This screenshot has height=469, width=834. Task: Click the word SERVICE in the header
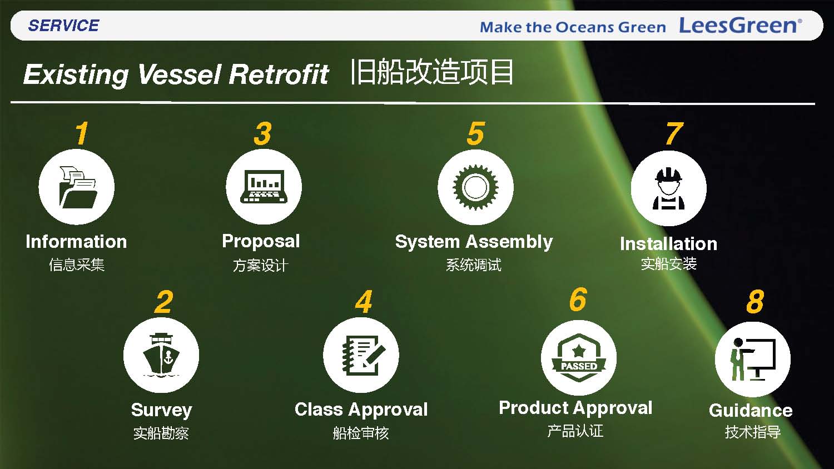click(64, 26)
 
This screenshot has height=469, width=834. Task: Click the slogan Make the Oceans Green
click(573, 27)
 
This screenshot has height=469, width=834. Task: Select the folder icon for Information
click(77, 187)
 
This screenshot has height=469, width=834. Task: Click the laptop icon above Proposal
click(264, 186)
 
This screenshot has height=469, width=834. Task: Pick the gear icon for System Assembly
click(475, 187)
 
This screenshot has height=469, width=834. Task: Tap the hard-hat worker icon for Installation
click(669, 188)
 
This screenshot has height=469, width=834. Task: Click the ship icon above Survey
click(161, 355)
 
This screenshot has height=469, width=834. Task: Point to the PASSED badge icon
click(579, 358)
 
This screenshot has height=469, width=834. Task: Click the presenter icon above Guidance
click(753, 359)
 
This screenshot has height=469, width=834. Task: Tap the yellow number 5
click(476, 133)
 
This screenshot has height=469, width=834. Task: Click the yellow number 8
click(755, 301)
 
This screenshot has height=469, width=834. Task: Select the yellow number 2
click(164, 302)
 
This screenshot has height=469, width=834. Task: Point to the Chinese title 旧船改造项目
click(432, 72)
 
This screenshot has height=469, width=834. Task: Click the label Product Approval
click(575, 408)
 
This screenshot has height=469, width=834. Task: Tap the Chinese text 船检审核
click(361, 433)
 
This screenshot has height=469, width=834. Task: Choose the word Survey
click(162, 410)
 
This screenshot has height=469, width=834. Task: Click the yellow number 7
click(674, 133)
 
